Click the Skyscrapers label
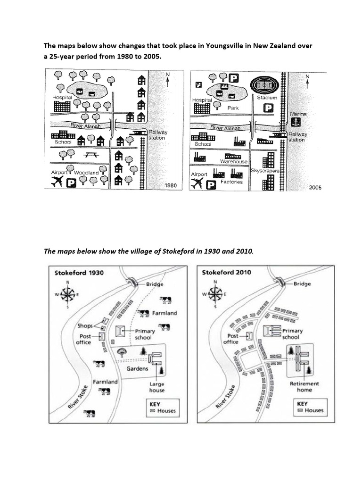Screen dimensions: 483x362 point(265,170)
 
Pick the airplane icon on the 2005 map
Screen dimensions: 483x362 point(197,183)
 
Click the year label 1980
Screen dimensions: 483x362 point(170,186)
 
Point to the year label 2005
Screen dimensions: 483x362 point(315,187)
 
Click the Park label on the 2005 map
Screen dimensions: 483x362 point(233,108)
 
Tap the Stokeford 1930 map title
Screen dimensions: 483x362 point(79,273)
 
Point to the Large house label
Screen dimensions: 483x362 point(157,387)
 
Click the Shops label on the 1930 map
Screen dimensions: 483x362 point(85,325)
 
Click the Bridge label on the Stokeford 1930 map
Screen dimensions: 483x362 point(155,285)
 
